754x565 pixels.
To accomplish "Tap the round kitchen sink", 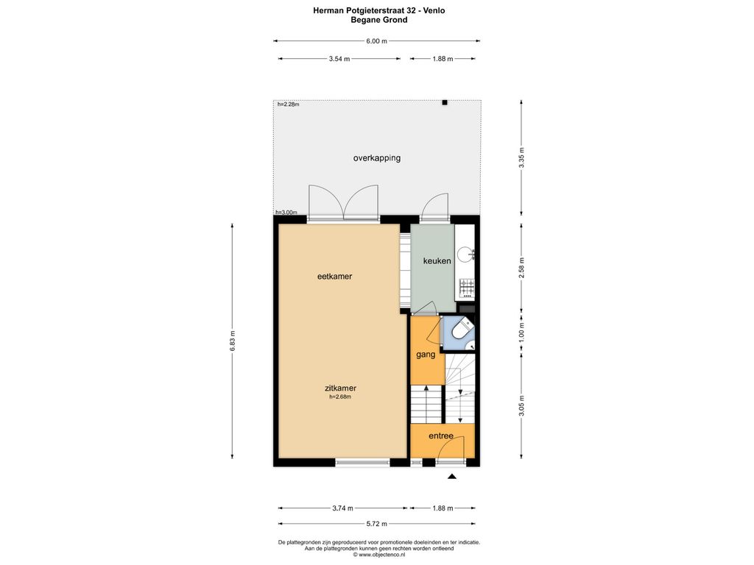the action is pos(465,254).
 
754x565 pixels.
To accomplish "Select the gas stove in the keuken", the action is pos(467,287).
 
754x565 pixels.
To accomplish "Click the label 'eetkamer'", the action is pos(335,277).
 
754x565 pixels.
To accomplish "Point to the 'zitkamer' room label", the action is pos(340,388).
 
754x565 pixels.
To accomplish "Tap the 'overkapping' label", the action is pos(377,158).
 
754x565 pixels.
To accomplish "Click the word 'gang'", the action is pos(426,355).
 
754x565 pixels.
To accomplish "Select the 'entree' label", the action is pos(441,436).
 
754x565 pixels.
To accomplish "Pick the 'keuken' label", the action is pos(437,261).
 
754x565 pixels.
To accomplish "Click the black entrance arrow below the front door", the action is pos(451,477).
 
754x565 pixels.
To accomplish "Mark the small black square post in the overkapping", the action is pos(445,102).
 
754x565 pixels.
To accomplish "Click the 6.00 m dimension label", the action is pos(376,41).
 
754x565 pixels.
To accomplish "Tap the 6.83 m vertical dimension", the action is pos(232,341).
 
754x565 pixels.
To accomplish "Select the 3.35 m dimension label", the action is pos(522,158).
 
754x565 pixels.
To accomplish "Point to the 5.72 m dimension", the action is pos(376,524).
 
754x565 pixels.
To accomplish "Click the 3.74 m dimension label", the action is pos(343,508).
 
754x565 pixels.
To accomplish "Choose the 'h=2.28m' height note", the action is pos(289,104).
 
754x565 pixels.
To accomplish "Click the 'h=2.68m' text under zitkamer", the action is pos(340,397).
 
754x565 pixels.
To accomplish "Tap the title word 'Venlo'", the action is pos(434,10).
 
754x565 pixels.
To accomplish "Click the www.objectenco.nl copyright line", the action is pos(379,555).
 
